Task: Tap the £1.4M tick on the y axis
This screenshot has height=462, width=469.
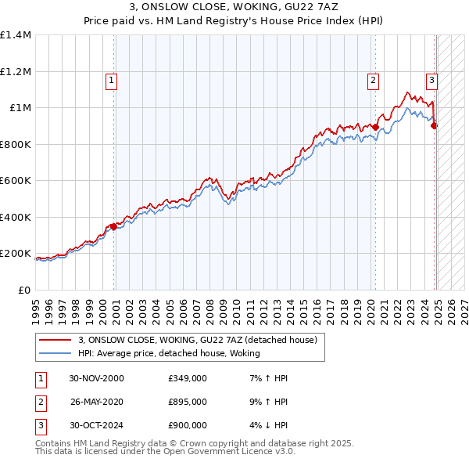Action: click(16, 35)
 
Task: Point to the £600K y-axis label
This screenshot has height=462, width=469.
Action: click(16, 181)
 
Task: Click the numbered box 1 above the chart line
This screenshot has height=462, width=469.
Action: click(111, 79)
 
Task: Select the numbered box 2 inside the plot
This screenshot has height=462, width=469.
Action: click(374, 79)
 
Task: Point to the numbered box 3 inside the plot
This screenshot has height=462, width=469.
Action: click(431, 79)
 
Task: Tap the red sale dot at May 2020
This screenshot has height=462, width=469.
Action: click(375, 126)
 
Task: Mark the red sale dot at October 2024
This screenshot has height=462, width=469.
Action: click(434, 125)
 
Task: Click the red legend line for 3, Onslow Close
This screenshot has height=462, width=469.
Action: click(55, 341)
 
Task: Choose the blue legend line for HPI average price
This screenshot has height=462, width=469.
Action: click(55, 354)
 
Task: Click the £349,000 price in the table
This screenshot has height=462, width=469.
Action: click(187, 378)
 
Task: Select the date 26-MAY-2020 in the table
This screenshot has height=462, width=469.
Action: click(97, 402)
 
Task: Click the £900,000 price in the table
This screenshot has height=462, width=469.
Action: click(187, 425)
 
